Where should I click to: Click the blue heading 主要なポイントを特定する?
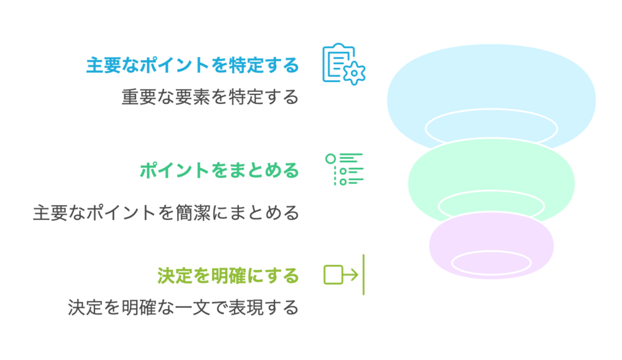[x=192, y=65]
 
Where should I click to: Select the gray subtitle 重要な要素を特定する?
[x=210, y=98]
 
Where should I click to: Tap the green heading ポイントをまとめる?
[x=219, y=170]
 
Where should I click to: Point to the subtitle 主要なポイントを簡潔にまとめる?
[x=165, y=213]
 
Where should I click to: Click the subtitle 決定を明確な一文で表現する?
[x=183, y=308]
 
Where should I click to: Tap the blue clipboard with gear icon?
[x=342, y=63]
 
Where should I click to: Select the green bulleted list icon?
[x=345, y=168]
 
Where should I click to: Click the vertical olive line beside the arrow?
[x=363, y=274]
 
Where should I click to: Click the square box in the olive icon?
[x=333, y=274]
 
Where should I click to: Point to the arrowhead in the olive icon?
[x=355, y=274]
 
